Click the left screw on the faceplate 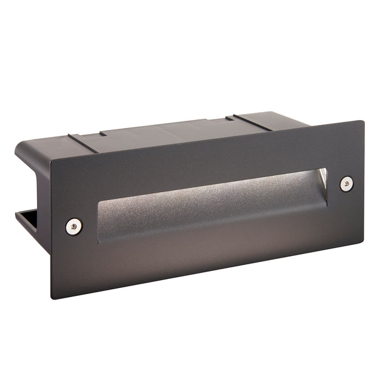tap(74, 226)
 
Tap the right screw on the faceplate tap(346, 184)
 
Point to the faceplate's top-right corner tap(364, 121)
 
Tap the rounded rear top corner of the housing tap(21, 145)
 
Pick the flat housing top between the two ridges tap(164, 130)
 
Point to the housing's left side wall tap(33, 164)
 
